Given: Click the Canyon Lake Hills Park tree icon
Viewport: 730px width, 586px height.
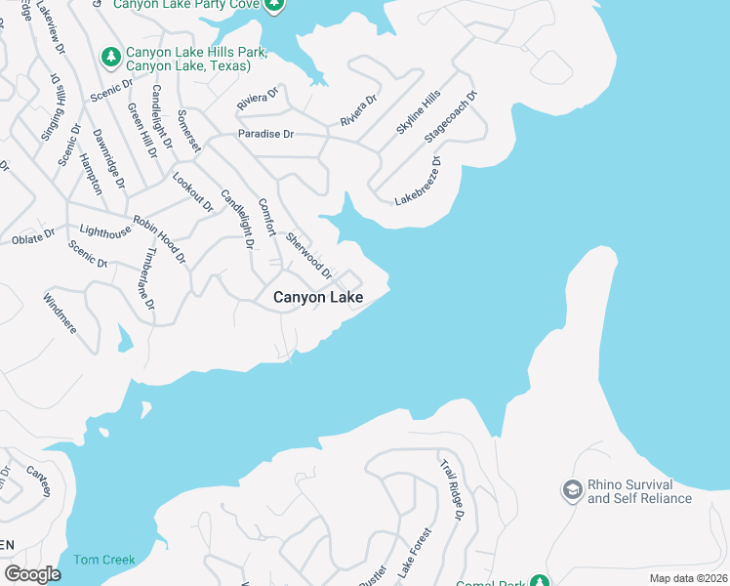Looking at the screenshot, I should coord(109,56).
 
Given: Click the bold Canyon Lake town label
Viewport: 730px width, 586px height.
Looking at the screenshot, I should coord(318,297).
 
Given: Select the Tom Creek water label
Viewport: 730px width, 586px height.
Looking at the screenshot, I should coord(104,560).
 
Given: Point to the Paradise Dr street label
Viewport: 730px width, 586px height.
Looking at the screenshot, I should coord(265,134).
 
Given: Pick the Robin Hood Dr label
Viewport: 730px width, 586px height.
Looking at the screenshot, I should coord(159,239).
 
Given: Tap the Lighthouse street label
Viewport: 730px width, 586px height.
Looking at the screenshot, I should coord(104,231).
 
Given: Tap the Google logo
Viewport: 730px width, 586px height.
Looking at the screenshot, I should coord(32,574).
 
